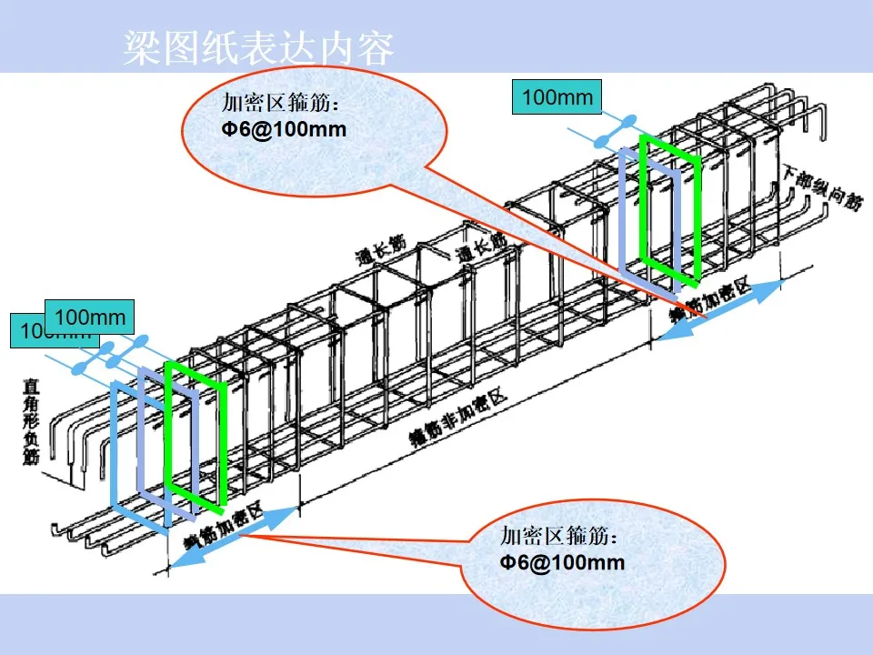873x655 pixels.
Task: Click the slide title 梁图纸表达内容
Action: click(x=258, y=49)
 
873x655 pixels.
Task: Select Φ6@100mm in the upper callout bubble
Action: click(x=285, y=129)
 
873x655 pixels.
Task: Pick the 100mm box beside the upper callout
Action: click(x=557, y=97)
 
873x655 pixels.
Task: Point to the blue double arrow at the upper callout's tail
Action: click(x=718, y=310)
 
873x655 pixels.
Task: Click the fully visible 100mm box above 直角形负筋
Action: click(x=89, y=317)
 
